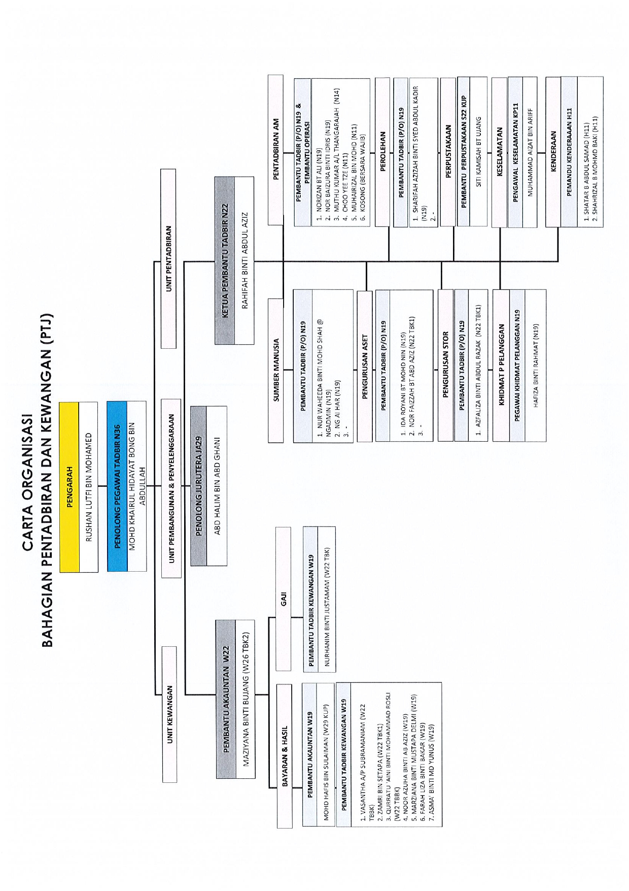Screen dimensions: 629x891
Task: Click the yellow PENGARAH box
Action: [x=69, y=487]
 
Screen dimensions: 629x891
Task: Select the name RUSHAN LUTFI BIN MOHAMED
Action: [x=89, y=487]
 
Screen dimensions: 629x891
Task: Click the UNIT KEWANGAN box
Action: [x=169, y=714]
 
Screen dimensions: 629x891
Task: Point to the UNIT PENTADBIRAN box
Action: [x=168, y=258]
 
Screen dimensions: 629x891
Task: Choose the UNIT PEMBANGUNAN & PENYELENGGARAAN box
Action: [x=171, y=488]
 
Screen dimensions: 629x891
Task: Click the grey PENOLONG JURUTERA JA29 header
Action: [x=198, y=486]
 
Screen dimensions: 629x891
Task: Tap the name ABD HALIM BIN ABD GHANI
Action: [x=217, y=486]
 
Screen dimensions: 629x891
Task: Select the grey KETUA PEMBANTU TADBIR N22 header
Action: [x=224, y=260]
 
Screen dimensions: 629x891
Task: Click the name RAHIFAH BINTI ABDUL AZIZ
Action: [x=244, y=260]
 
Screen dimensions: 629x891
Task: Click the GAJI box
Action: [x=284, y=599]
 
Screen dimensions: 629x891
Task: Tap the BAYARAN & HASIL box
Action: [x=285, y=756]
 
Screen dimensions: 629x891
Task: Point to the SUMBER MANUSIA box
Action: [x=276, y=370]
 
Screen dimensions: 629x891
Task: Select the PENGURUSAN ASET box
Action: [x=365, y=366]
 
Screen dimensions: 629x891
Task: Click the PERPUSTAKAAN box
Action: [x=448, y=151]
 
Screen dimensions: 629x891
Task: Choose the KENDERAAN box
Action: [x=553, y=151]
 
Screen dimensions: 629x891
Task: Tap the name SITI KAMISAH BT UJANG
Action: [x=478, y=151]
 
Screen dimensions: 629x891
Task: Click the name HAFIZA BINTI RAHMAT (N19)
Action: [x=536, y=366]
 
